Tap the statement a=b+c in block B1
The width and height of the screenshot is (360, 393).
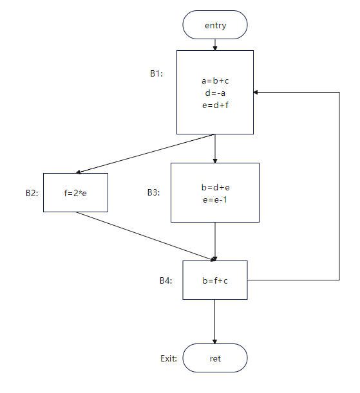coord(215,80)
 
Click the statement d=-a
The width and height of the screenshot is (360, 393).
coord(215,93)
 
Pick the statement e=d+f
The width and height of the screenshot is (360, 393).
coord(215,105)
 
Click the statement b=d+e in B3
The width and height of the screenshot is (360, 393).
coord(215,187)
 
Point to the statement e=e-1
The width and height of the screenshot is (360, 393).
coord(215,200)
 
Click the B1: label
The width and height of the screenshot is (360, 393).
coord(156,73)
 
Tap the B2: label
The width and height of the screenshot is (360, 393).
coord(32,193)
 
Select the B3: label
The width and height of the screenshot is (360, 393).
coord(153,192)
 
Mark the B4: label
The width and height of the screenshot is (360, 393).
coord(166,280)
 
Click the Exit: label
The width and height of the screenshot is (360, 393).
coord(169,358)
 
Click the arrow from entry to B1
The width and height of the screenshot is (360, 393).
coord(215,44)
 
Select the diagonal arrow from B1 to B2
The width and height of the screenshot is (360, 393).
coord(145,154)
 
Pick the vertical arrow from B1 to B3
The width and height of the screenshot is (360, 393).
coord(215,149)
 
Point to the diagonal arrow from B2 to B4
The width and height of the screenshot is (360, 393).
coord(146,236)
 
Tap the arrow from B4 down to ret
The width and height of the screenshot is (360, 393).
coord(214,322)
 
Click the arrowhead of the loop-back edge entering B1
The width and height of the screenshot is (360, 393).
coord(256,92)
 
